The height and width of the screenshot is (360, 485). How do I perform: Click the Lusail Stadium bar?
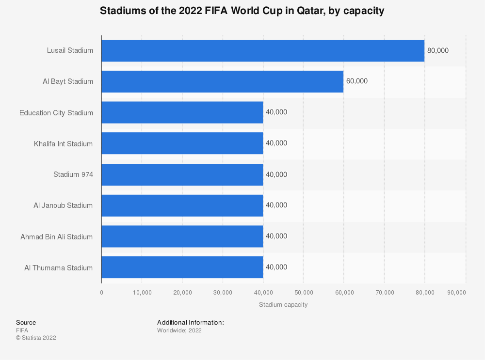(x=262, y=50)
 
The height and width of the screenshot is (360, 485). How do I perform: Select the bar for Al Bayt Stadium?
(x=222, y=81)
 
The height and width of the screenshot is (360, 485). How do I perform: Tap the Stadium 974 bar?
(x=182, y=174)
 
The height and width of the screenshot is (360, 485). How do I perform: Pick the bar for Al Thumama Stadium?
(x=182, y=267)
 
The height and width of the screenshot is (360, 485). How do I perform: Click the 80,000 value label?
(x=438, y=50)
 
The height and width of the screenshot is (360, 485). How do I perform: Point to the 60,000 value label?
(x=357, y=81)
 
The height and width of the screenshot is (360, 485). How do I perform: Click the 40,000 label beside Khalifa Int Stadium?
(x=276, y=143)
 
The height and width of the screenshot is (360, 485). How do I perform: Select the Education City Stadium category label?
(x=56, y=113)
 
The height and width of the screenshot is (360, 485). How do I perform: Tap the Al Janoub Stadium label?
(x=63, y=205)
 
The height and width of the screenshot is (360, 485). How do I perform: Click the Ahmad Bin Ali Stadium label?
(x=56, y=237)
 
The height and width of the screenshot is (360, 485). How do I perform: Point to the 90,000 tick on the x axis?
(x=456, y=293)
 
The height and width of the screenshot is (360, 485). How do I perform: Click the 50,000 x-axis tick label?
(x=303, y=293)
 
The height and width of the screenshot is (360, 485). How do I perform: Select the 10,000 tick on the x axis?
(x=142, y=293)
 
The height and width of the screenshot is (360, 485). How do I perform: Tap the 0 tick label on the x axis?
(x=101, y=293)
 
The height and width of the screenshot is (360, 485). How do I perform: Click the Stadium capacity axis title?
(x=283, y=305)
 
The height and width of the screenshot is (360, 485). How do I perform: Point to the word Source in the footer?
(x=26, y=322)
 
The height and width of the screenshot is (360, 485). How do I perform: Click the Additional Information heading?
(x=190, y=322)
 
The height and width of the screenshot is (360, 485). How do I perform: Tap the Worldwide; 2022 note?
(x=179, y=330)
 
